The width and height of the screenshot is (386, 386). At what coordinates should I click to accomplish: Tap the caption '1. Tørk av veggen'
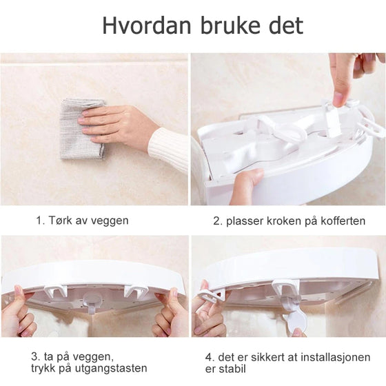(82, 221)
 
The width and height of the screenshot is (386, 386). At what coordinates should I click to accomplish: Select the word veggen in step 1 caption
(110, 221)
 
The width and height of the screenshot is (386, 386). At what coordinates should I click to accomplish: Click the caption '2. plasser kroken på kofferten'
(289, 221)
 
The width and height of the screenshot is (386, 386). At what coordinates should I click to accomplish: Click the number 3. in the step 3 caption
(34, 357)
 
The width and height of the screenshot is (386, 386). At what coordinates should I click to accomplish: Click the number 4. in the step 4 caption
(210, 357)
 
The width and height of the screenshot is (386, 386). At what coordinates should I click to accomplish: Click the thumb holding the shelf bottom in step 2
(245, 185)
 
